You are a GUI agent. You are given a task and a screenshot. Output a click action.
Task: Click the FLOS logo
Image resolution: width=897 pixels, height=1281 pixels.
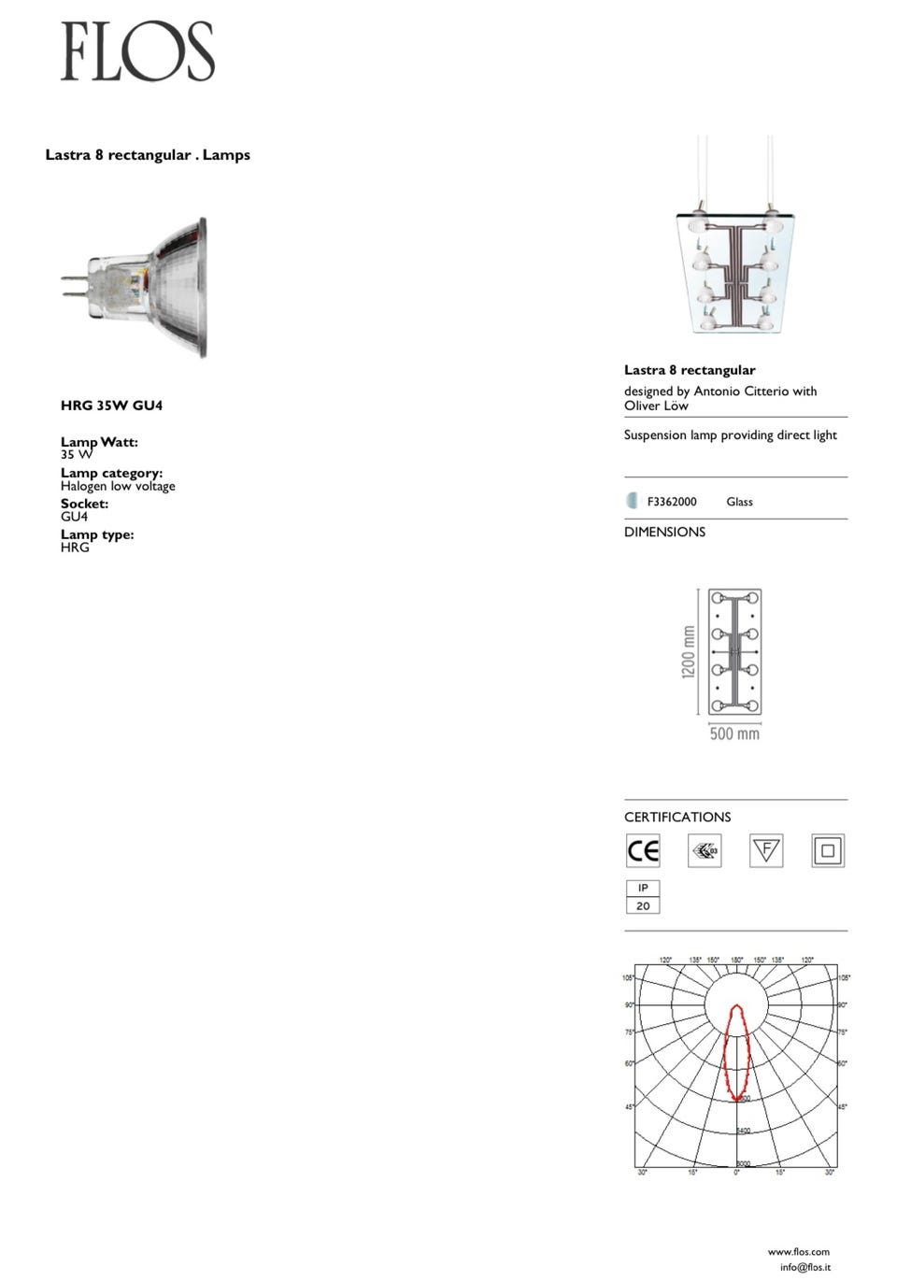[x=138, y=52]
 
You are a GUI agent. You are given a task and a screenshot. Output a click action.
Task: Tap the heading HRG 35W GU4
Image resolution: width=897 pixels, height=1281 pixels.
[x=111, y=406]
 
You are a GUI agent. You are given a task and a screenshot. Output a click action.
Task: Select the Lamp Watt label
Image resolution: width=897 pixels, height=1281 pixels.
[x=99, y=442]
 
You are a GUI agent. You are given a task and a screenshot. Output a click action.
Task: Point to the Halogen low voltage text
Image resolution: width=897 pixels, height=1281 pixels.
[x=118, y=486]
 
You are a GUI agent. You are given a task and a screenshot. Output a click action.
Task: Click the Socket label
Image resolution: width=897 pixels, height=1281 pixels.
[x=84, y=504]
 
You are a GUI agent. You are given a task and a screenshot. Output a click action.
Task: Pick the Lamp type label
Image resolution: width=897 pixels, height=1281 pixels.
[x=97, y=534]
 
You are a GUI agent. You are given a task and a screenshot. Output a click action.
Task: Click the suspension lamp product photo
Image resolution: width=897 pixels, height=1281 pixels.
[x=735, y=271]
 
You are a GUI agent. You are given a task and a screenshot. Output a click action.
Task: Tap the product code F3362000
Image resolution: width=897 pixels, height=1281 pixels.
[x=672, y=502]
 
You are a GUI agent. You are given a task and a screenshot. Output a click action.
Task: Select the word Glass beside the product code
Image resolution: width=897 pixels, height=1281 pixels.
[x=739, y=502]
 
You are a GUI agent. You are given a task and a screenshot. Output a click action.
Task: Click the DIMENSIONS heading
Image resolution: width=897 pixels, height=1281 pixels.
[x=664, y=532]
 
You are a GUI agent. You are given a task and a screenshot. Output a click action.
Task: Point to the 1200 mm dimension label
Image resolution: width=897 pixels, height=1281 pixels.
[x=689, y=652]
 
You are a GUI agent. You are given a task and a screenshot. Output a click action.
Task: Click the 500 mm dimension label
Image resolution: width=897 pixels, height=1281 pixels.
[x=734, y=733]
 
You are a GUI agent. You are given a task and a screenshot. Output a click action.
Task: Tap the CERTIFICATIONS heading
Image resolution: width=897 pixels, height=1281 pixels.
[x=677, y=817]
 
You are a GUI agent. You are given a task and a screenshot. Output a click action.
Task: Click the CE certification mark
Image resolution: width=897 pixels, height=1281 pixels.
[x=643, y=850]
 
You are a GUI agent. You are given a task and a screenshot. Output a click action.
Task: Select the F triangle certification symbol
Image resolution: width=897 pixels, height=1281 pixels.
[x=766, y=850]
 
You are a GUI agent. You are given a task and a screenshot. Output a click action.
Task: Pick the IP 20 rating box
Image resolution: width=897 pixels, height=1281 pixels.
[x=643, y=897]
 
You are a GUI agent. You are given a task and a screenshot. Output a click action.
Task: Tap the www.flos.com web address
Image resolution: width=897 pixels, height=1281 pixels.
[x=798, y=1251]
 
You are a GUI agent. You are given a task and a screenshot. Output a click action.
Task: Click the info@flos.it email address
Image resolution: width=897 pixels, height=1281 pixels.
[x=804, y=1267]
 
